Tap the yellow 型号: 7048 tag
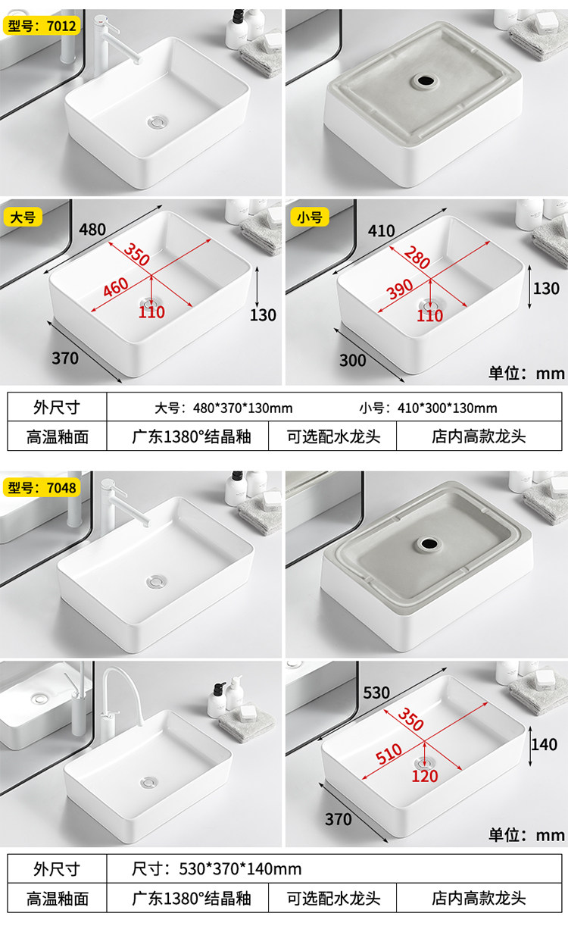pyautogui.click(x=42, y=487)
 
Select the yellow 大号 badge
pyautogui.click(x=22, y=217)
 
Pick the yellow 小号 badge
pyautogui.click(x=309, y=217)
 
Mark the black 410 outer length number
pyautogui.click(x=381, y=230)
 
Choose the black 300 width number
pyautogui.click(x=352, y=360)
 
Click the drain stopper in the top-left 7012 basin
pyautogui.click(x=158, y=120)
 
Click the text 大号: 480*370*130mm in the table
pyautogui.click(x=223, y=408)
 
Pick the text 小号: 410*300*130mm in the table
pyautogui.click(x=429, y=408)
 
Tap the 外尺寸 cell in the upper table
pyautogui.click(x=57, y=408)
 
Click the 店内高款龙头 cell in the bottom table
pyautogui.click(x=479, y=899)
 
